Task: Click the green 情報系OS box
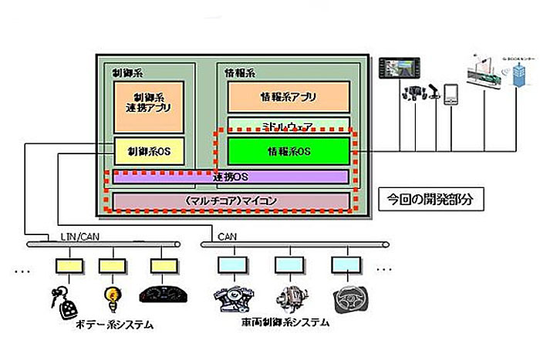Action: coord(288,151)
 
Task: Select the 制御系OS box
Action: coord(148,151)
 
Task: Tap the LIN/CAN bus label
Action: coord(79,237)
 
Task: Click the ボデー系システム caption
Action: coord(116,325)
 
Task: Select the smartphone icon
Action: coord(452,94)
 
